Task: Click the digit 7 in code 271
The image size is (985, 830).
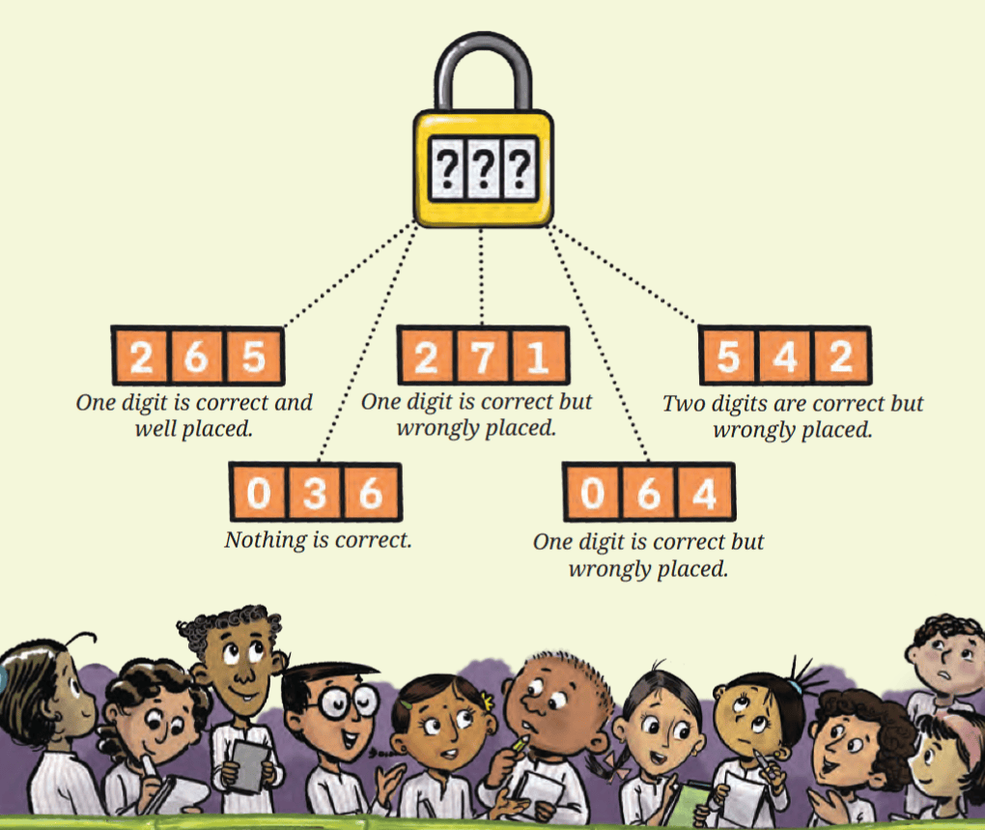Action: tap(483, 357)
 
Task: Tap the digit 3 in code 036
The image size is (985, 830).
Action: tap(315, 493)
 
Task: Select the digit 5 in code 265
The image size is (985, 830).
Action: tap(253, 357)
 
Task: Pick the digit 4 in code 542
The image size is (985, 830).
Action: tap(784, 357)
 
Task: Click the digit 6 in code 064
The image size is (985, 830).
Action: tap(649, 493)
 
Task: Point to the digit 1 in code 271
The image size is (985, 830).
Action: tap(537, 357)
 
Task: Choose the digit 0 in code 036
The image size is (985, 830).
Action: tap(258, 493)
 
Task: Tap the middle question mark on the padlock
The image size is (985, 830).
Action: tap(483, 168)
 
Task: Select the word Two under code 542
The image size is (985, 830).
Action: tap(684, 403)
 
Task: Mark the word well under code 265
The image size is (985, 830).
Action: tap(155, 429)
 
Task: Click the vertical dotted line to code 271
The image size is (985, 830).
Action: tap(482, 276)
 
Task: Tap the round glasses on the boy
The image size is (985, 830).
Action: tap(348, 701)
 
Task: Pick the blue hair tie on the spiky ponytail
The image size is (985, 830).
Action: tap(796, 687)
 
